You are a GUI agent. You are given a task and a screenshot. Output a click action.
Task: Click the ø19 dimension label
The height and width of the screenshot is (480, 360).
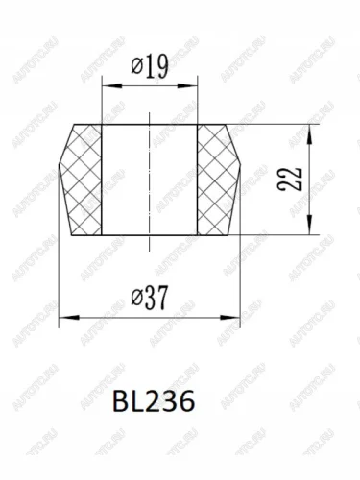click(x=150, y=67)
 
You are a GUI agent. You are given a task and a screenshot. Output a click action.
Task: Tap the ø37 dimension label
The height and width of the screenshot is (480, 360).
click(x=150, y=298)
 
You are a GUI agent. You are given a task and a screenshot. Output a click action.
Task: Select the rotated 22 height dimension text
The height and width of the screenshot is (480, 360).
click(x=290, y=180)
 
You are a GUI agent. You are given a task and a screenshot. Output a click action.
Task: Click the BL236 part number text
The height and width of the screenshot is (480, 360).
click(x=154, y=401)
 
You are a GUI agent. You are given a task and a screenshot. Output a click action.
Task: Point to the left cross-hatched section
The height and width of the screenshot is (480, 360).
click(x=82, y=180)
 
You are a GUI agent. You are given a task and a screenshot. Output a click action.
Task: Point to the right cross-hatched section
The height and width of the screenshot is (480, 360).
click(x=218, y=180)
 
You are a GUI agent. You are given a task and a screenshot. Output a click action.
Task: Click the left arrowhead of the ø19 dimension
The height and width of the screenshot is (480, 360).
click(x=112, y=85)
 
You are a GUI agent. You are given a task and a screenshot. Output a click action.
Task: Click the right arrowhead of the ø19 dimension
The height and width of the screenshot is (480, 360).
click(x=187, y=85)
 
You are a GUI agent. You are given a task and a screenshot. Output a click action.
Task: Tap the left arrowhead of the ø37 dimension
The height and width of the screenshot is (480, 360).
click(x=69, y=318)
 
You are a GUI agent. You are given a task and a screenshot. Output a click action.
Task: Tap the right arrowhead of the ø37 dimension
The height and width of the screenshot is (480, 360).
click(x=229, y=318)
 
